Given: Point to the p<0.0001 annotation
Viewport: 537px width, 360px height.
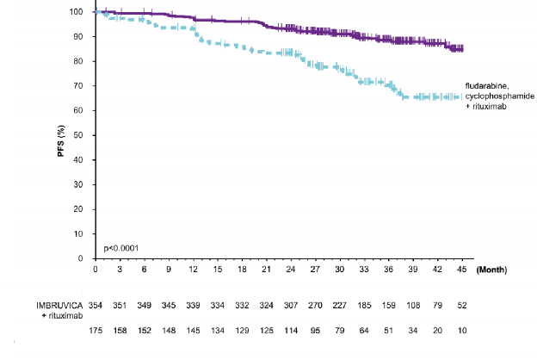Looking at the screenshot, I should click(x=121, y=248).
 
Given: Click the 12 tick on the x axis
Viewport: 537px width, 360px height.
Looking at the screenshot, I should click(x=194, y=270).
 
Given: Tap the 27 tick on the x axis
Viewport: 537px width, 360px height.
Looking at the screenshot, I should click(x=315, y=270).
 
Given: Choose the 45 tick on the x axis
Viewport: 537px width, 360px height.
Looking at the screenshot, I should click(x=461, y=270).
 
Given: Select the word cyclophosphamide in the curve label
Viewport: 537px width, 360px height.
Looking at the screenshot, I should click(x=497, y=96).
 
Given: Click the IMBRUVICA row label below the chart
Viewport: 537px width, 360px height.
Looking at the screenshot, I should click(x=59, y=305).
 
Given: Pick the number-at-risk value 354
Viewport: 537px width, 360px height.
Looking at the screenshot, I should click(x=96, y=305).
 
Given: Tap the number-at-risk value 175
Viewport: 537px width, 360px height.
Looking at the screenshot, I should click(x=96, y=332).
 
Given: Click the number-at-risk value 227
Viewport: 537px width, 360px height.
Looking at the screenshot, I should click(x=339, y=305).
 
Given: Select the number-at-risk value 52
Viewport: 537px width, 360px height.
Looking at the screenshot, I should click(x=461, y=305).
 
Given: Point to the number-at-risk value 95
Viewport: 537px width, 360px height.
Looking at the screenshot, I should click(x=315, y=332).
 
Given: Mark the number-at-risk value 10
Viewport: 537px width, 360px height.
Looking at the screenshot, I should click(x=461, y=332).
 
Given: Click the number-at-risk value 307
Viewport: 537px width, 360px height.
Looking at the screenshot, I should click(x=291, y=305).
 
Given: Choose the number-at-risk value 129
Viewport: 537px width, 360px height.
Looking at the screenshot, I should click(x=243, y=332).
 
